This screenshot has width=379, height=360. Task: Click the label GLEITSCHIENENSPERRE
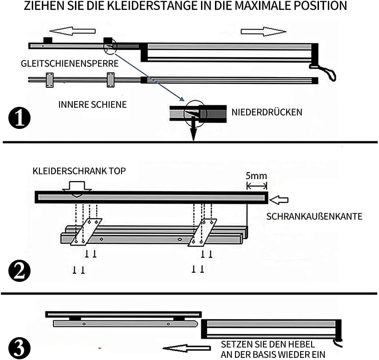point(70,64)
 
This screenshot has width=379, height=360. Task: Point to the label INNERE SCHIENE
point(92,105)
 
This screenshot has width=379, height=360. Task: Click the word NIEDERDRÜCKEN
point(267,112)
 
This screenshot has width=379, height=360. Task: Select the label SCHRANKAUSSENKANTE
point(314,217)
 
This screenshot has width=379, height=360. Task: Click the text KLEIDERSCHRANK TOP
point(79,171)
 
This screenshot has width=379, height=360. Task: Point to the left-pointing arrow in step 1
point(75,31)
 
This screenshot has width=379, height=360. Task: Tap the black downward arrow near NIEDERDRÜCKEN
point(194,130)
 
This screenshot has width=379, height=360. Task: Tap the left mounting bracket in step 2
point(86,231)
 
